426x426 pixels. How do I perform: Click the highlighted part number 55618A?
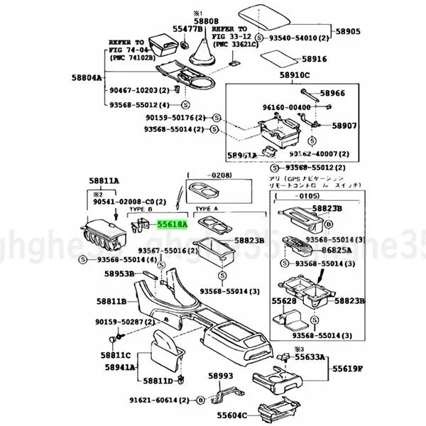click(x=171, y=224)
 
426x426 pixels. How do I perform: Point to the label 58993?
click(x=220, y=376)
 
